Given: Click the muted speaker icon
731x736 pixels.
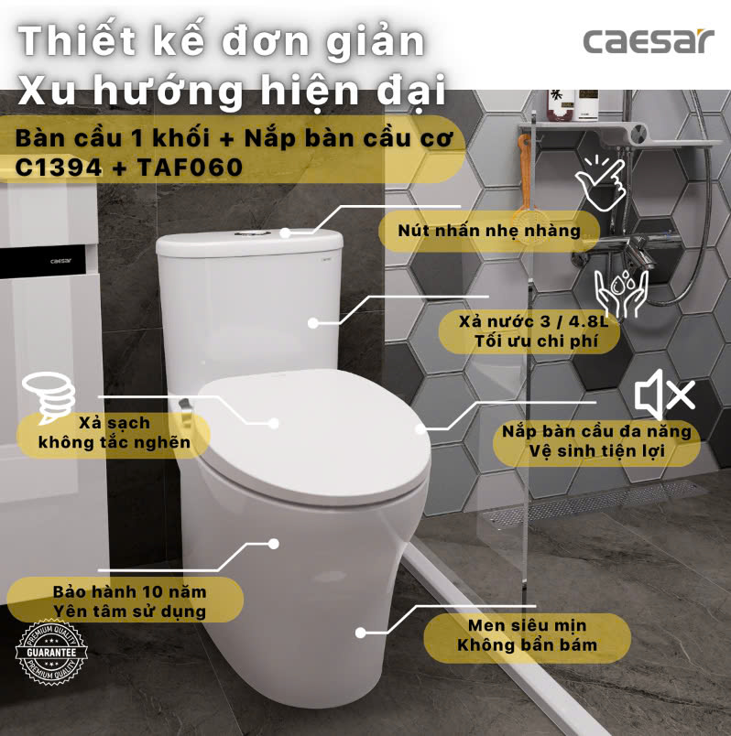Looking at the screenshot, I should (x=664, y=395).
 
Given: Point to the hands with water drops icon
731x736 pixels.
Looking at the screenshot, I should (x=620, y=292).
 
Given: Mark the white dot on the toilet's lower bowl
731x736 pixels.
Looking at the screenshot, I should (x=362, y=632).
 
